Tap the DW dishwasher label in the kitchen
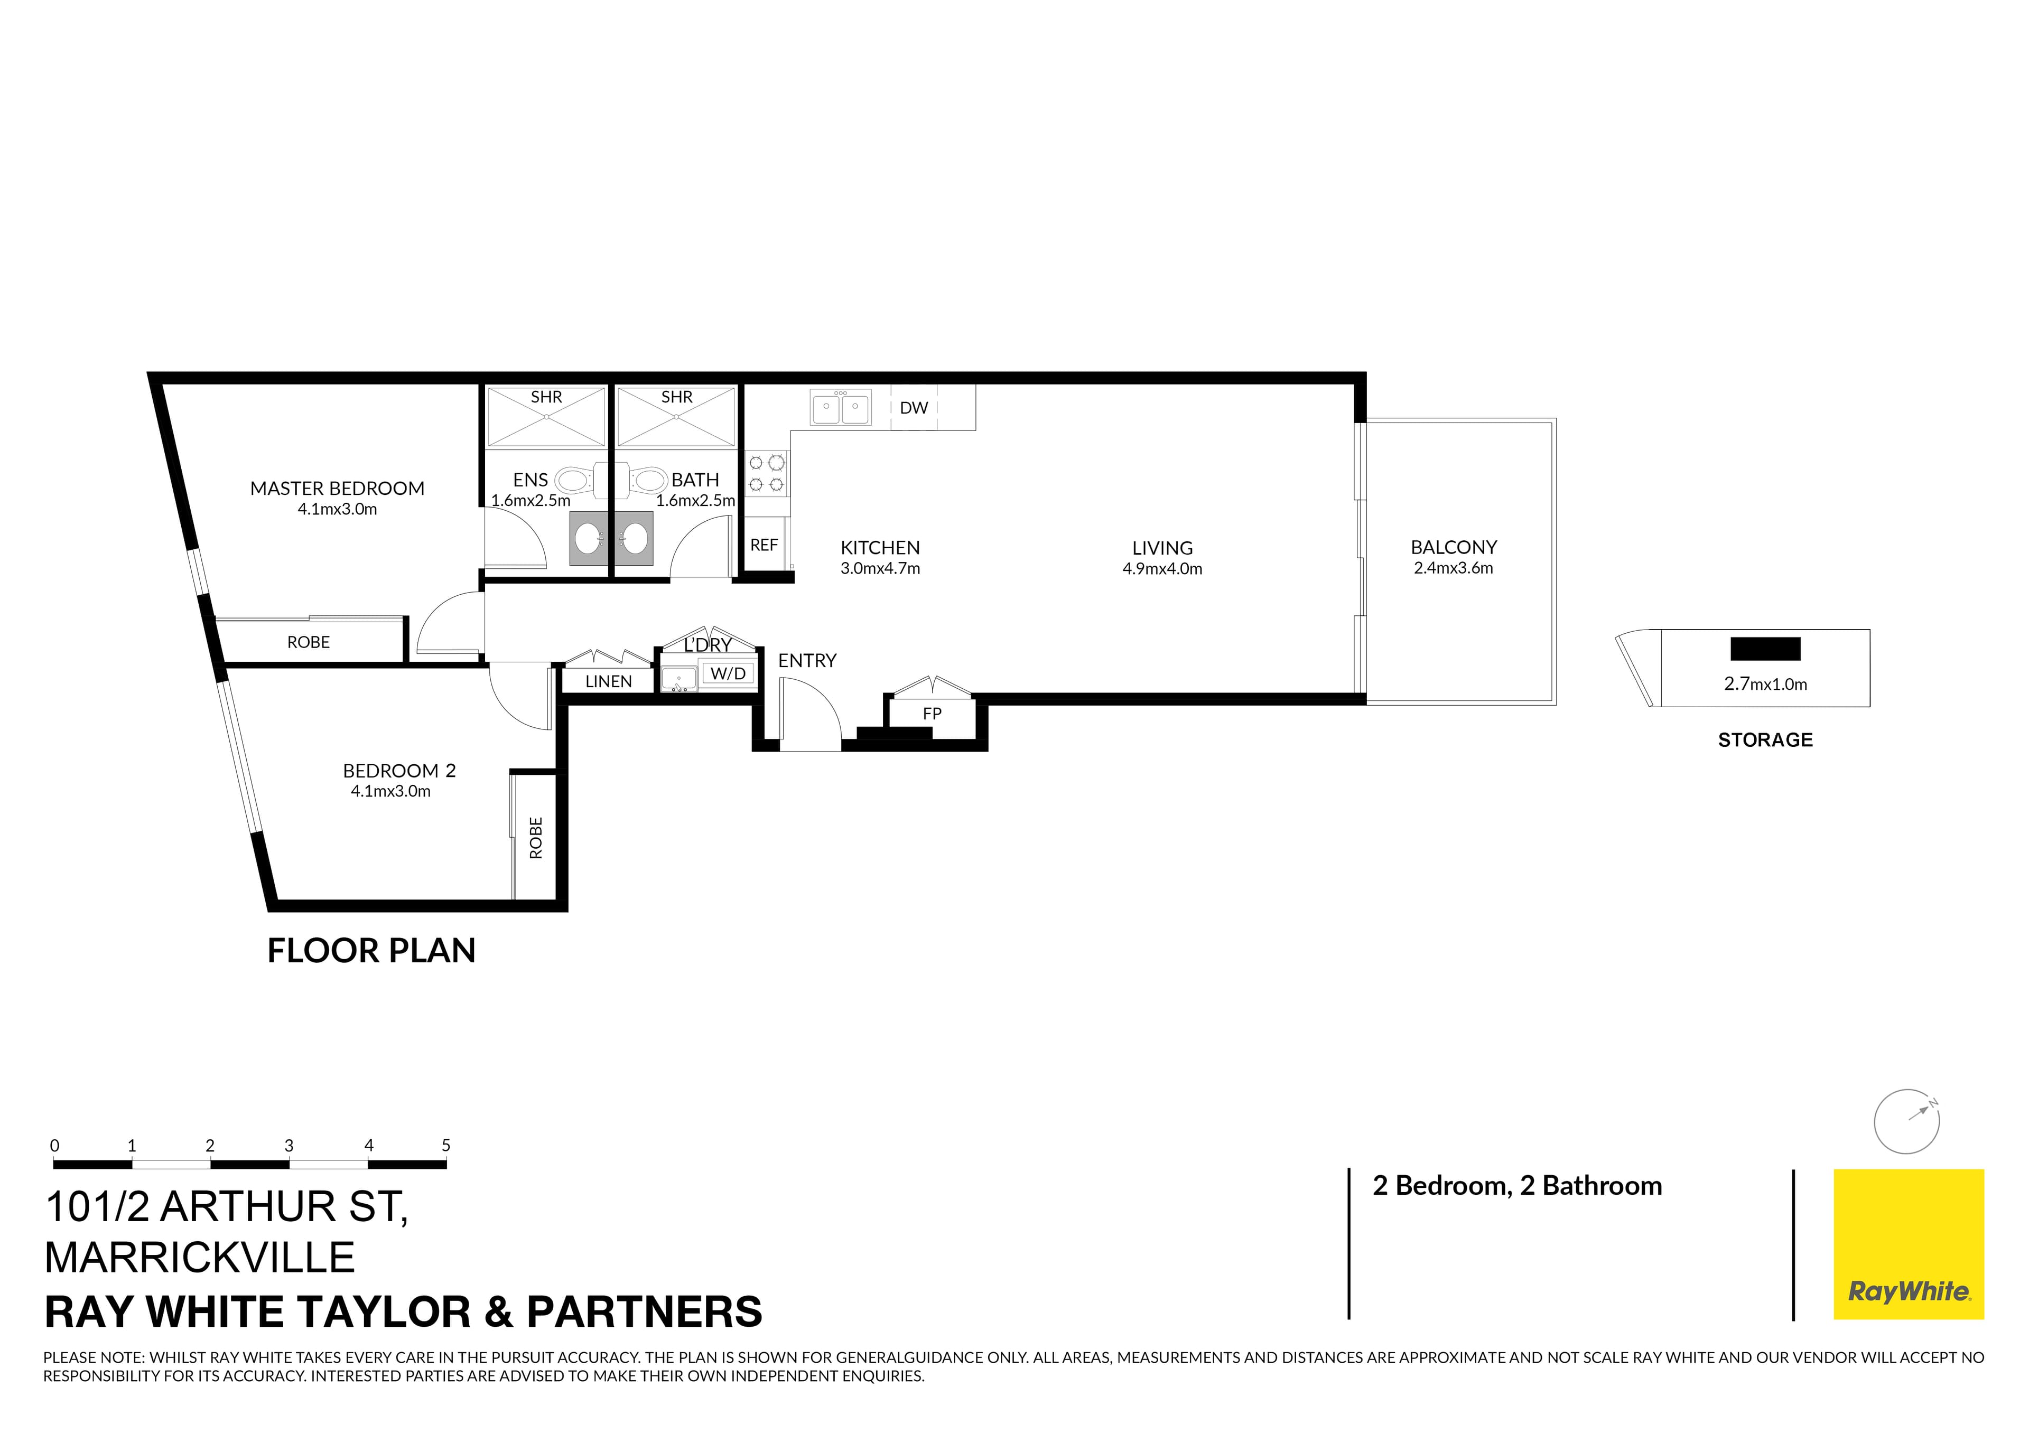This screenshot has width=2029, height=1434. click(x=914, y=408)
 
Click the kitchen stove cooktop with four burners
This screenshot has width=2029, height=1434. click(x=766, y=473)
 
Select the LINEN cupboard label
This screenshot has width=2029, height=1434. click(x=608, y=681)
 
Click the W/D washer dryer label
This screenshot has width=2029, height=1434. click(x=728, y=674)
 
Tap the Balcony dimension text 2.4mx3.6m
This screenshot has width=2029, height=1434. click(x=1453, y=568)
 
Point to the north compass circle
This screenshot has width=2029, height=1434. click(x=1906, y=1122)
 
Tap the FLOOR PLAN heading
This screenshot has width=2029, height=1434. click(x=371, y=951)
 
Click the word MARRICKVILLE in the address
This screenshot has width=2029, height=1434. click(x=200, y=1257)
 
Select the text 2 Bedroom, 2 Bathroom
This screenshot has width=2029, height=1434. click(x=1516, y=1186)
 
